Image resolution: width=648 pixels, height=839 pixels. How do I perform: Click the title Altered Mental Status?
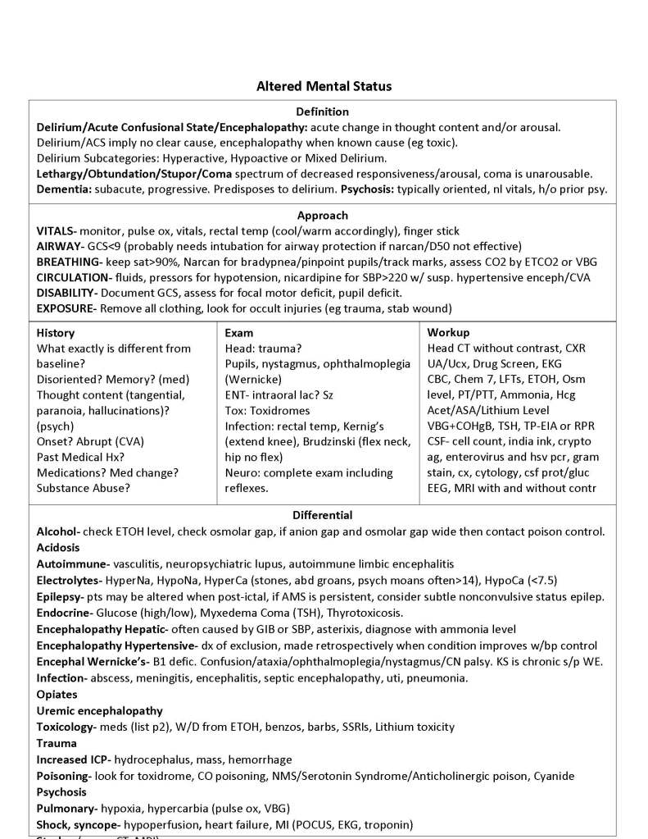coord(324,85)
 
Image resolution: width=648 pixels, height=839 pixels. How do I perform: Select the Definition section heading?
coord(323,112)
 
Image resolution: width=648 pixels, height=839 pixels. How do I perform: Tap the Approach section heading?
coord(323,215)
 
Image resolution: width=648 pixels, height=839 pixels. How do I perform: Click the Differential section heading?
coord(323,515)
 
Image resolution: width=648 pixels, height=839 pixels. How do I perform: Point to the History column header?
coord(56,333)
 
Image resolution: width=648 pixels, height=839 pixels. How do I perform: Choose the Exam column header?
coord(238,333)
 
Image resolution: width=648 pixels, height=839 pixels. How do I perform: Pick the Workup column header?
coord(449,333)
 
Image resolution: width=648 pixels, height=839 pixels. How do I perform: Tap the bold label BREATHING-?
coord(69,262)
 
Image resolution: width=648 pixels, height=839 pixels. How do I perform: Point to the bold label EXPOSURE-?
coord(67,308)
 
